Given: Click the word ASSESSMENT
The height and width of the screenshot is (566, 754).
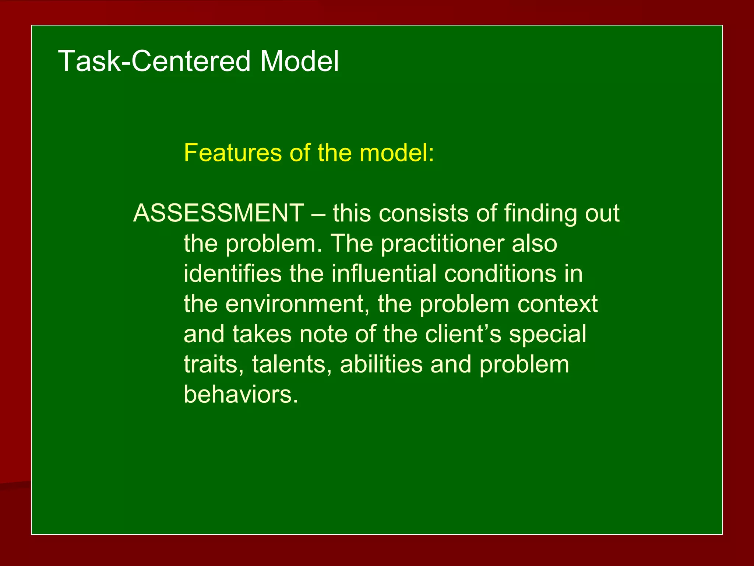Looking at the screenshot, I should (219, 213).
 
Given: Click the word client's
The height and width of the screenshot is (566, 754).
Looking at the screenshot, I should (463, 334).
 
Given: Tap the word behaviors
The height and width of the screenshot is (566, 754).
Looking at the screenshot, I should (240, 395).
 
